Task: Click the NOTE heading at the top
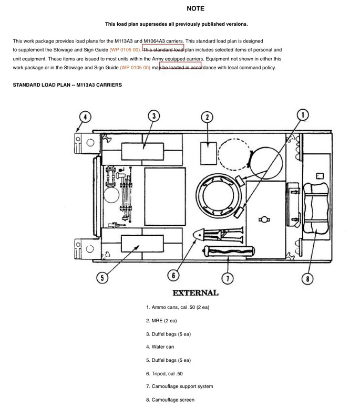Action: (195, 9)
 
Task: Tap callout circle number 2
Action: (208, 117)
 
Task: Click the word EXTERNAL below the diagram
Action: (195, 293)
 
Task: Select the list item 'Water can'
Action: (160, 347)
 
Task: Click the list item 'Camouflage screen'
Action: (170, 400)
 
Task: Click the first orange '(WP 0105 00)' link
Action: (125, 49)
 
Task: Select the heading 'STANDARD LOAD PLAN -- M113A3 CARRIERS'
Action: (67, 85)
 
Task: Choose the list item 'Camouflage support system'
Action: (180, 387)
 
